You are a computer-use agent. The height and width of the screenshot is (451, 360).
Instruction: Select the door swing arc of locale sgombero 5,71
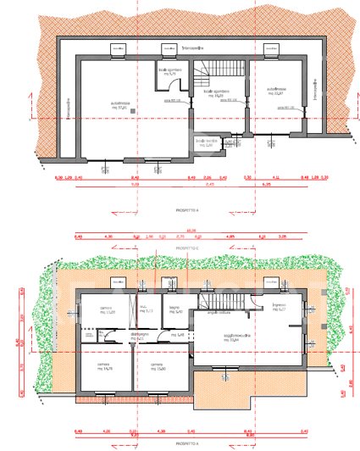[x=162, y=86]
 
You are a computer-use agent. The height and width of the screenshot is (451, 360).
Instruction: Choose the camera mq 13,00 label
[x=106, y=309]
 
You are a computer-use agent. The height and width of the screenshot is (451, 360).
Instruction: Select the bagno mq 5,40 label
[x=174, y=309]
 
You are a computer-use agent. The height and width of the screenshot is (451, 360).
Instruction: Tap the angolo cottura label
[x=224, y=314]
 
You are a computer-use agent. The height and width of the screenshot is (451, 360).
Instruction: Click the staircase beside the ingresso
[x=208, y=298]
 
